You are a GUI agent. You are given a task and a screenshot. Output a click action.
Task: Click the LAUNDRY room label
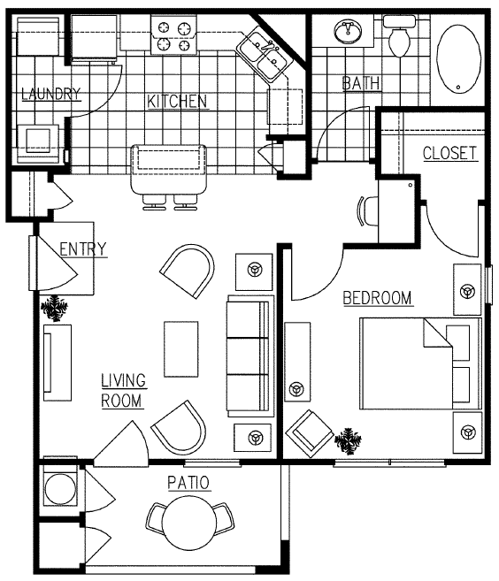point(51,94)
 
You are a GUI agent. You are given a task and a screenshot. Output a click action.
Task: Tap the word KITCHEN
point(177,102)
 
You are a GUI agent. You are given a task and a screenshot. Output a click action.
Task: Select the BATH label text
point(362,84)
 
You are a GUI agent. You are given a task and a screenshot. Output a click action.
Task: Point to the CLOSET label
point(449,153)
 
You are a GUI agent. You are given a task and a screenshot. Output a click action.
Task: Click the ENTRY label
point(82,248)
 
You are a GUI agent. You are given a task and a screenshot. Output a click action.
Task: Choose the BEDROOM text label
point(378,298)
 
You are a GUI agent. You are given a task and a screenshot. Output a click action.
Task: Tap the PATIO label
point(188,483)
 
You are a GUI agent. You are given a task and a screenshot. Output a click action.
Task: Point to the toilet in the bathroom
point(398,38)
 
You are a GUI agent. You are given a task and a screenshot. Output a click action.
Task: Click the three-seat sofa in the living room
point(248,356)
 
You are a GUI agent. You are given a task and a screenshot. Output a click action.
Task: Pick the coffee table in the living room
point(181,348)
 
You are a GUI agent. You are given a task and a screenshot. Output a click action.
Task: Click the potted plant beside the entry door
point(55,308)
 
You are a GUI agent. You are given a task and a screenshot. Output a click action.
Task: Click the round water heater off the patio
point(60,490)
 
